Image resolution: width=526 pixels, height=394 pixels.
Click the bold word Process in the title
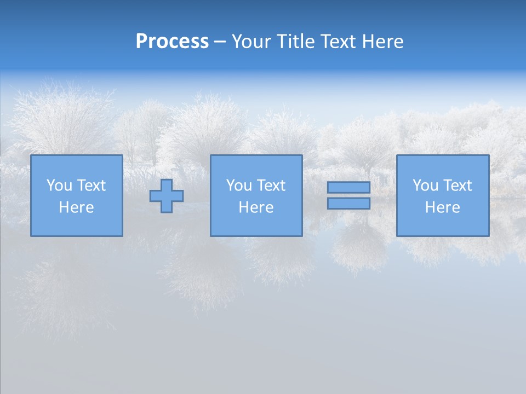(x=172, y=42)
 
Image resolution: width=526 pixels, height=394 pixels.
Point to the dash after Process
(x=220, y=42)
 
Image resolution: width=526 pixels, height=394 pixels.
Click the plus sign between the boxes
(x=167, y=196)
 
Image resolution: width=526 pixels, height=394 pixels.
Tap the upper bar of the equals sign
(x=348, y=187)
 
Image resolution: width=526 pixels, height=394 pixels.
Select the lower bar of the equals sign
(x=348, y=204)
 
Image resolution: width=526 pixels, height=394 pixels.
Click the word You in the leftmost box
(x=59, y=186)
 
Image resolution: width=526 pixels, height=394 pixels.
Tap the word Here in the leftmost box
(x=76, y=207)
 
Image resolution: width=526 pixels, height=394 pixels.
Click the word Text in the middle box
(x=271, y=186)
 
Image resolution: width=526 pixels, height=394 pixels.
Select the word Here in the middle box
(x=256, y=207)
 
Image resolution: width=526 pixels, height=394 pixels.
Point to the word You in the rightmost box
(x=425, y=186)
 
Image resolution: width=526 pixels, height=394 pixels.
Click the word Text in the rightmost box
(x=457, y=186)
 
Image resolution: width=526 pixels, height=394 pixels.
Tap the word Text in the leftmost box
(x=91, y=186)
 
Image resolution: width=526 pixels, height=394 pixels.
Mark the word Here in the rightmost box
(x=442, y=207)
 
